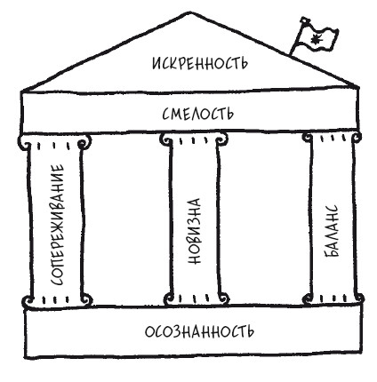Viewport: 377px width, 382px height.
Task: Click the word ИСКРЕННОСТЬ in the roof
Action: click(x=200, y=63)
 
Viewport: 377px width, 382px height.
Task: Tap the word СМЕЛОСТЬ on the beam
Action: click(x=198, y=113)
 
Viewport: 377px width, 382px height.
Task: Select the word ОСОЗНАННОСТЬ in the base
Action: click(x=199, y=330)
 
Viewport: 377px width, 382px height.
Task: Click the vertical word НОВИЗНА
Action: click(x=195, y=231)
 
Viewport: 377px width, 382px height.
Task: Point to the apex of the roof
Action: click(x=189, y=12)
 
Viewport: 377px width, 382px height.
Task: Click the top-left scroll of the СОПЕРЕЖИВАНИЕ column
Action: click(x=24, y=143)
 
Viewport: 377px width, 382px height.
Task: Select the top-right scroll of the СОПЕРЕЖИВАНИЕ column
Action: click(x=84, y=142)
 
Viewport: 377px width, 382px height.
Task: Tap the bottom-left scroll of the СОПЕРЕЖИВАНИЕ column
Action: click(x=28, y=302)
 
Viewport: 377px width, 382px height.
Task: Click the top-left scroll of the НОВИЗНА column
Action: click(x=166, y=139)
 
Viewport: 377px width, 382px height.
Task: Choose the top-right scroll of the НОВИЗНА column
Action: click(x=221, y=139)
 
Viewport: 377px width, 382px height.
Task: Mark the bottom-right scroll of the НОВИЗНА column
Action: click(x=223, y=299)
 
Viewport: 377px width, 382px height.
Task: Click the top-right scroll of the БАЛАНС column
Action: click(x=356, y=138)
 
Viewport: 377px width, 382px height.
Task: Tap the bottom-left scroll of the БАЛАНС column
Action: click(x=309, y=298)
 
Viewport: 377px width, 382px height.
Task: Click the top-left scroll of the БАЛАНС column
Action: click(x=308, y=138)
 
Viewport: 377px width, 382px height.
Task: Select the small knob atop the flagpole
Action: click(x=303, y=20)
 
